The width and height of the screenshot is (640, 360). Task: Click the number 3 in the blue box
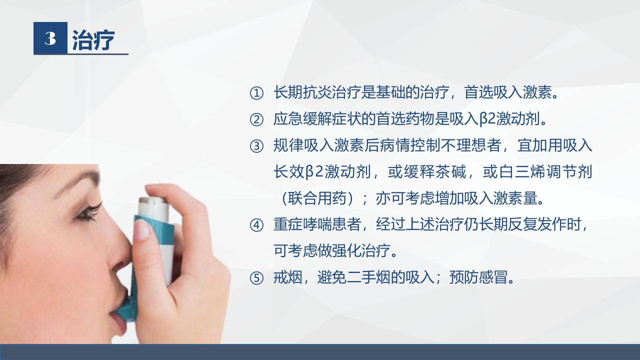point(50,38)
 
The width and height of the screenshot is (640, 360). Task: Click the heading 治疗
point(93,40)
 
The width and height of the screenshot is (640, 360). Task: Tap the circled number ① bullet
point(256,93)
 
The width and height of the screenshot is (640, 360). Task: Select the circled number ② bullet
point(256,120)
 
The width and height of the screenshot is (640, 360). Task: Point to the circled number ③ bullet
point(256,146)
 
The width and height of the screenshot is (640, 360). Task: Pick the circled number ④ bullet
point(256,225)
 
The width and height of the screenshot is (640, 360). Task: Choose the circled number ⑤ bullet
point(256,278)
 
